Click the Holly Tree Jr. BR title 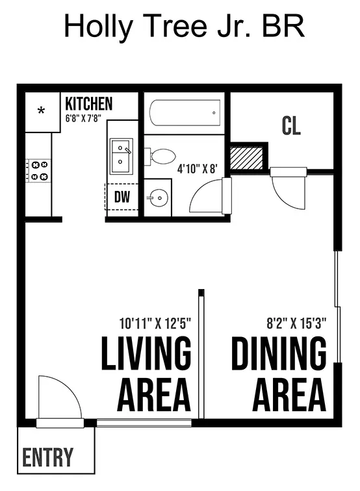point(185,26)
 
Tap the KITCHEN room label point(88,104)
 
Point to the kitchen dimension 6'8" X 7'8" point(83,118)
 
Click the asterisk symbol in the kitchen point(41,110)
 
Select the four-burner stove point(38,171)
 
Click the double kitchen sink point(122,157)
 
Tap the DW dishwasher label point(122,197)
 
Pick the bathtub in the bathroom point(185,113)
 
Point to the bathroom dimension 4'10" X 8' point(197,169)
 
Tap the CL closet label point(291,126)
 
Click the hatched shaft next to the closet point(246,158)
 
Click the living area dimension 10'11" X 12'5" point(155,323)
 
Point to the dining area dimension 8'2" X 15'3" point(296,323)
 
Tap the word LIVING point(146,353)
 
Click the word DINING point(279,353)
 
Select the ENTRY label point(47,457)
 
